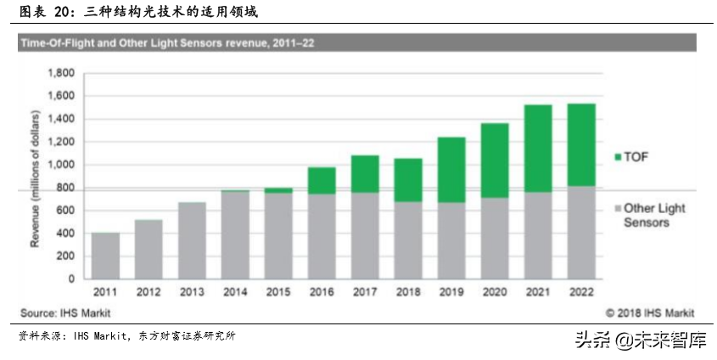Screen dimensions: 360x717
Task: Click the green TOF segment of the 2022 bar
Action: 581,145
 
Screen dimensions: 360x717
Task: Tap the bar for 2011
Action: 105,256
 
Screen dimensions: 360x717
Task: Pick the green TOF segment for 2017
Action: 365,174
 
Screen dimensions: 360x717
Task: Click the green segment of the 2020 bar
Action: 495,160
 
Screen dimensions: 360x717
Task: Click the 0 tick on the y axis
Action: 71,278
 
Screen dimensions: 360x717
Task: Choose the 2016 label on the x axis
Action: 322,291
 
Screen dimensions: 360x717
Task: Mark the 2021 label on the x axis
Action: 538,291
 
